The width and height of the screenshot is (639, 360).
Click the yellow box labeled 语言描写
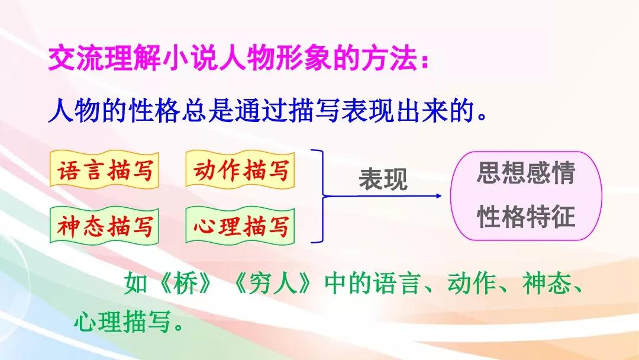(x=104, y=169)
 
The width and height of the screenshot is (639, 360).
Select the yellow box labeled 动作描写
(x=240, y=169)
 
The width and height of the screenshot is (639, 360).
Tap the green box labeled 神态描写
(x=104, y=226)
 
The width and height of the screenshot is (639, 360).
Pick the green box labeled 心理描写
(x=240, y=226)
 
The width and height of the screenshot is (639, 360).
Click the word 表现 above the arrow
(x=383, y=179)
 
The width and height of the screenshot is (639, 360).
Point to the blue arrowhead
(x=438, y=196)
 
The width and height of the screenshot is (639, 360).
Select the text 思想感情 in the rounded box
(x=526, y=173)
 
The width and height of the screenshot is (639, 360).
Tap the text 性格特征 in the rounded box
(x=526, y=216)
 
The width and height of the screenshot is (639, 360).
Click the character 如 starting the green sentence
(x=135, y=283)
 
